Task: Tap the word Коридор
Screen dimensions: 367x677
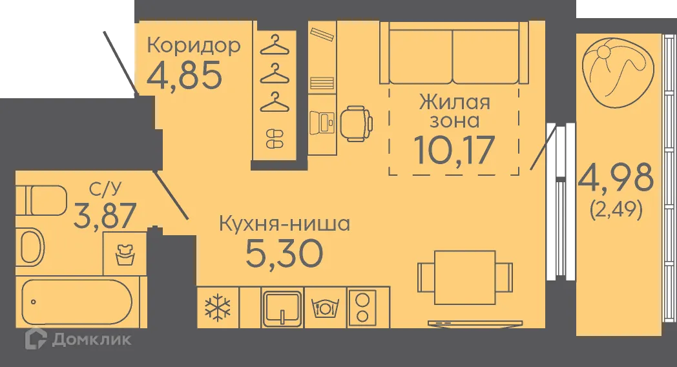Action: [x=194, y=45]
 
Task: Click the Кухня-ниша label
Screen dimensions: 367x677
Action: [x=284, y=225]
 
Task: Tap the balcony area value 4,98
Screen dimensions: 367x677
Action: [x=616, y=177]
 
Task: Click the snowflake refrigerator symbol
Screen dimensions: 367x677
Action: [x=218, y=308]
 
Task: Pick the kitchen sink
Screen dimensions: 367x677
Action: [x=282, y=308]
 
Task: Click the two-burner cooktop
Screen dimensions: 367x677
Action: [x=362, y=308]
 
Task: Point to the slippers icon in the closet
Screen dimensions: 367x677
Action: [x=275, y=138]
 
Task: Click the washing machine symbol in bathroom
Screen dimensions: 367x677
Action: [x=125, y=253]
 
